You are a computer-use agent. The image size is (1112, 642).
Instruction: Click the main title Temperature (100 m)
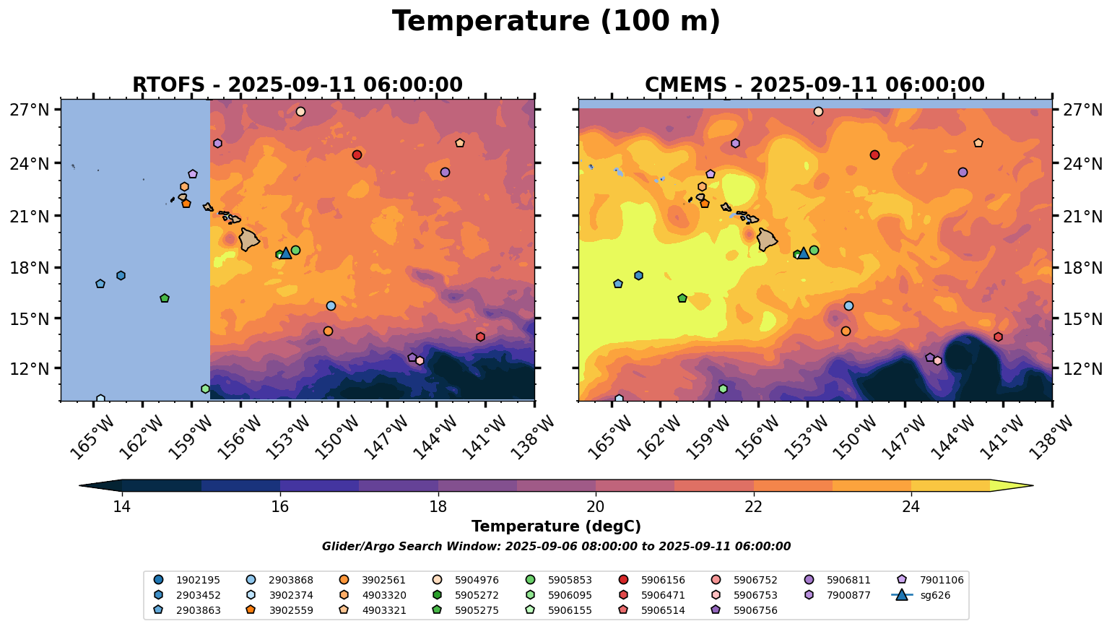click(x=556, y=22)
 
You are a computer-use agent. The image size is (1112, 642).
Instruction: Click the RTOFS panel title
click(x=297, y=84)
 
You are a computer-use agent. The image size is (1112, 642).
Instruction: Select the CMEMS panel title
click(x=815, y=84)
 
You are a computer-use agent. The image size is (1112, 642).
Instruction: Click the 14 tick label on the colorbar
click(x=121, y=506)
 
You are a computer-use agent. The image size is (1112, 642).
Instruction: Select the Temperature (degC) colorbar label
click(x=556, y=526)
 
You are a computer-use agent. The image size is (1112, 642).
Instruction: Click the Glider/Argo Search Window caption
click(x=556, y=547)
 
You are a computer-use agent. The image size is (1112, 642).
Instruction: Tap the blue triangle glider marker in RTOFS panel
click(x=286, y=253)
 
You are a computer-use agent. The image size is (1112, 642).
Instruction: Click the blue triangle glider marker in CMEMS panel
click(x=804, y=253)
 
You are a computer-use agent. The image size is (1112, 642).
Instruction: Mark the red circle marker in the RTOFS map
click(x=357, y=155)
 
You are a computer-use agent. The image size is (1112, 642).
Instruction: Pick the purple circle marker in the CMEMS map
click(x=963, y=172)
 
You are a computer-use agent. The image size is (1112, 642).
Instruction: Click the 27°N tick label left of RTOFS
click(x=34, y=110)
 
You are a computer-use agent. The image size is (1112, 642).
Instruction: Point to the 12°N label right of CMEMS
click(x=1080, y=369)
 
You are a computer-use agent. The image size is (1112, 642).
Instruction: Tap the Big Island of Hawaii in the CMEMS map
click(x=766, y=239)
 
